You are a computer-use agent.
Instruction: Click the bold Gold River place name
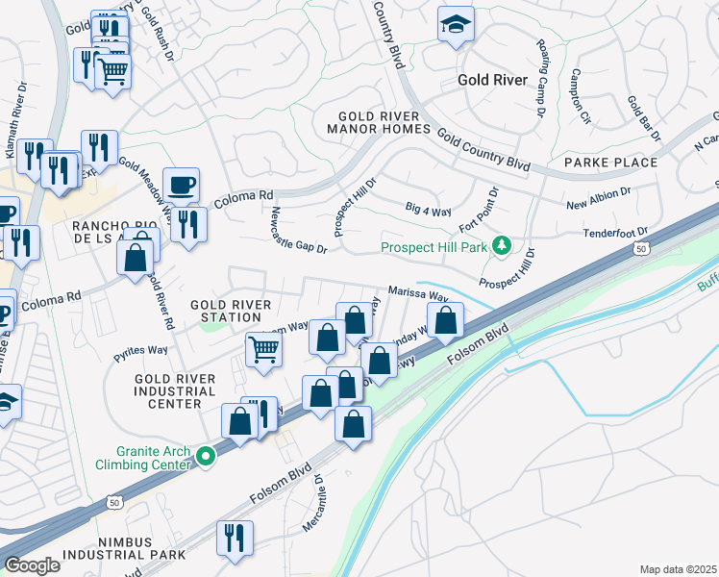point(492,80)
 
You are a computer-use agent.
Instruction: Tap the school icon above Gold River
point(456,25)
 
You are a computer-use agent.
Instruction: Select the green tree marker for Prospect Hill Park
point(501,247)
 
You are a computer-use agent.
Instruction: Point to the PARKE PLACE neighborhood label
point(610,163)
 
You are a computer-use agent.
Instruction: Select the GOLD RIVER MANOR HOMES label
point(378,122)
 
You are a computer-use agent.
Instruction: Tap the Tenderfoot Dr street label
point(616,233)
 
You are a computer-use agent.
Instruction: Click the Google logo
point(33,565)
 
